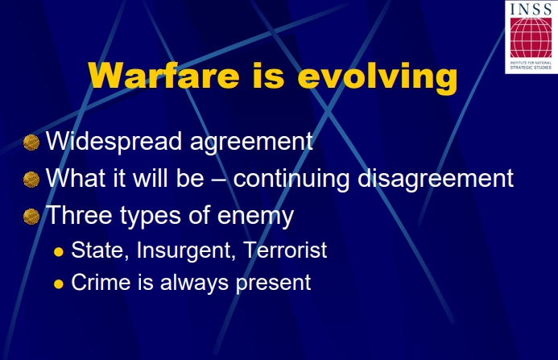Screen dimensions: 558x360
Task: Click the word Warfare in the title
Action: click(163, 76)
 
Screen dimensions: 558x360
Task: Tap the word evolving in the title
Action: click(377, 78)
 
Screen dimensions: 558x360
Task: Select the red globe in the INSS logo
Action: click(531, 38)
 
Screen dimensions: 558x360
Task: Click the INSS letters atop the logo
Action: click(531, 9)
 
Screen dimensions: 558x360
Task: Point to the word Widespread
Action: click(114, 142)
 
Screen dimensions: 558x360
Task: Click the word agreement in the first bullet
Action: click(251, 143)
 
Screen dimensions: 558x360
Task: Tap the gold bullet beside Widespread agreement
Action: click(31, 143)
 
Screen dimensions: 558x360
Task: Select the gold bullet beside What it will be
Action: click(31, 180)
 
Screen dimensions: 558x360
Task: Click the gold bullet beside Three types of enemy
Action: click(31, 217)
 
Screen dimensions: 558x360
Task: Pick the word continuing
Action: click(291, 180)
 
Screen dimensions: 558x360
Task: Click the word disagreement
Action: click(436, 180)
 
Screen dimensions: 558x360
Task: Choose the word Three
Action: click(80, 215)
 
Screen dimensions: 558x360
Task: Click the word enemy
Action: click(255, 217)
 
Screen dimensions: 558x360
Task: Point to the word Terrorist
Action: click(285, 250)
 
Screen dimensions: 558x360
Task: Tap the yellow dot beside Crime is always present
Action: click(59, 284)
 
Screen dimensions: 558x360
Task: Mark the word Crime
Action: click(101, 283)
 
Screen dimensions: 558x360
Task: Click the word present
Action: click(273, 283)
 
